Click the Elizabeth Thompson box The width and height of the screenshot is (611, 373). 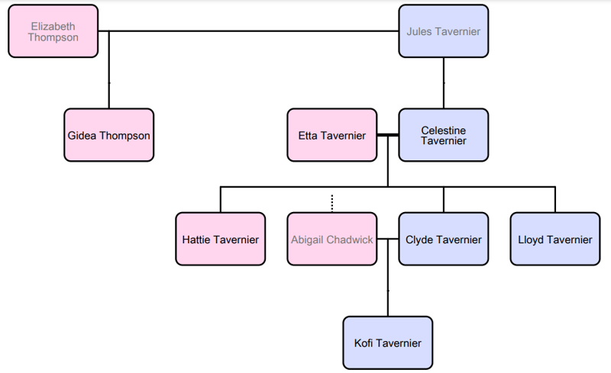coord(53,31)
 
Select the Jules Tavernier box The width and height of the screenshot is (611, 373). coord(444,31)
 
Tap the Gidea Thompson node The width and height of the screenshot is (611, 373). coord(109,135)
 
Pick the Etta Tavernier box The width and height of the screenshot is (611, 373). coord(332,135)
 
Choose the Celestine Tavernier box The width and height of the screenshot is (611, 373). coord(444,135)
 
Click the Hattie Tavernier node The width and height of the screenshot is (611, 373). coord(221,239)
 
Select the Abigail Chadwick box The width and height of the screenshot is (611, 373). coord(332,239)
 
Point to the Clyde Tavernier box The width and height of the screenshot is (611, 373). coord(444,239)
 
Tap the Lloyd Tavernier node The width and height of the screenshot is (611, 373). coord(555,239)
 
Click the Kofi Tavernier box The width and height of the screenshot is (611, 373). coord(388,342)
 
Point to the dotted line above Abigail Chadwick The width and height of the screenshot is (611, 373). coord(332,203)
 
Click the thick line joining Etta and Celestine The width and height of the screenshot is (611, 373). coord(388,135)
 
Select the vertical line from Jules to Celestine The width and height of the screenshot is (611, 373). coord(444,82)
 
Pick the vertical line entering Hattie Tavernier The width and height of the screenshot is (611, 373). coord(221,199)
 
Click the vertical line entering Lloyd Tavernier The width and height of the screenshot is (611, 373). coord(555,199)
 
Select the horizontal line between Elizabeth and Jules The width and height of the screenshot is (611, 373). coord(252,31)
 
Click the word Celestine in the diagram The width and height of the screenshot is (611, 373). coord(444,130)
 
